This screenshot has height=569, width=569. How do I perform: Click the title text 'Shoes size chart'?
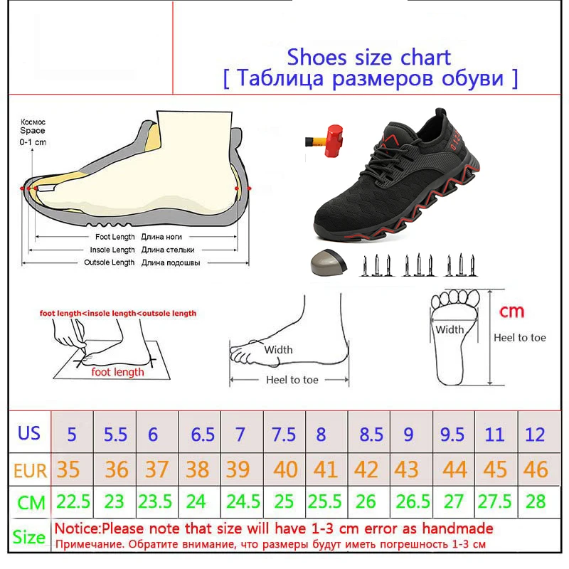368,57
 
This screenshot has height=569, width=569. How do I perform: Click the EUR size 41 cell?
326,469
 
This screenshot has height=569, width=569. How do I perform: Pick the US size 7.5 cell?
284,434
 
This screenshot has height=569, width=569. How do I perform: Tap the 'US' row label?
29,433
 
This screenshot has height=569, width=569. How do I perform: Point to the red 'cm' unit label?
511,311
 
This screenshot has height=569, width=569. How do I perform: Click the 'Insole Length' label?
112,250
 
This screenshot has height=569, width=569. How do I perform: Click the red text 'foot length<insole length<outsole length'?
118,313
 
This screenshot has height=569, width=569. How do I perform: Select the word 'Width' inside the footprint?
450,329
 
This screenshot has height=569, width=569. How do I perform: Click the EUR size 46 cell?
534,469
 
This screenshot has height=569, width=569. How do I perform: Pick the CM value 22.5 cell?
73,501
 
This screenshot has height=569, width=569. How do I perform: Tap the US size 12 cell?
534,434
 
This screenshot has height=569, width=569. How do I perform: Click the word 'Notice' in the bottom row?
76,528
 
